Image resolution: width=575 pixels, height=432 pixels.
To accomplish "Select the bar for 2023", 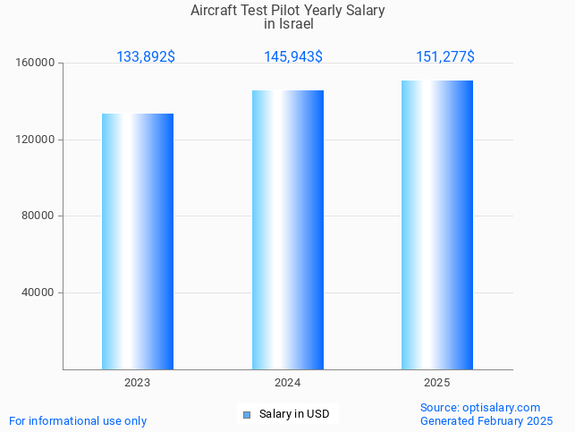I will (138, 241).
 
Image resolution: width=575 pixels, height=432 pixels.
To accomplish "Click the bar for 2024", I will (287, 230).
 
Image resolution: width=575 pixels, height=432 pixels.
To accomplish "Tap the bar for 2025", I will (437, 224).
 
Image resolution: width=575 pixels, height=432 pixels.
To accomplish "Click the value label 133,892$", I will (146, 57).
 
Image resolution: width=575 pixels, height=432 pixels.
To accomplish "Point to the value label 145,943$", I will (293, 57).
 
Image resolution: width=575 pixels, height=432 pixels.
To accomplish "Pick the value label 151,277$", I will (445, 57).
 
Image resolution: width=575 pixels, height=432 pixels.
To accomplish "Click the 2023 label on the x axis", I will (138, 382).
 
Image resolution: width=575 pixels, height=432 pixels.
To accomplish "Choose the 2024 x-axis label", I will (287, 382).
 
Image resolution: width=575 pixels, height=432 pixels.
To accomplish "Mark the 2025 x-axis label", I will (437, 382).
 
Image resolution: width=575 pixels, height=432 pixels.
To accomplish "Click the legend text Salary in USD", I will (294, 414).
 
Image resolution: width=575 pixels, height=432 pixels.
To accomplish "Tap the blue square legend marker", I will (247, 414).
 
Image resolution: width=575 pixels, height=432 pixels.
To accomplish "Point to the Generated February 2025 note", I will (486, 420).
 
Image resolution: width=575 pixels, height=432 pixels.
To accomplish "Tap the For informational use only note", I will (78, 420).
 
